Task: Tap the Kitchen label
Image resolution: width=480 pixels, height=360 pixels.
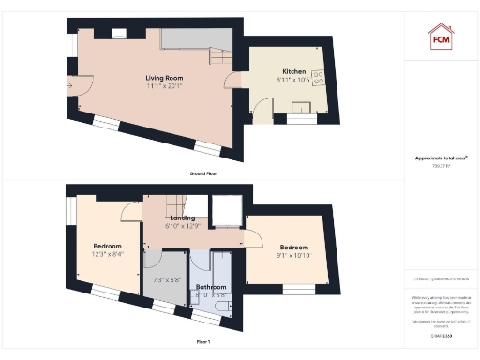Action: pyautogui.click(x=295, y=71)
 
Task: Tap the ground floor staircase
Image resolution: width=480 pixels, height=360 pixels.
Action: pyautogui.click(x=217, y=58)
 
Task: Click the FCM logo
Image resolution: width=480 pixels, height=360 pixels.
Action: pyautogui.click(x=442, y=37)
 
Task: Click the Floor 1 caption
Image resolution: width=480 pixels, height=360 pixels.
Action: pyautogui.click(x=203, y=343)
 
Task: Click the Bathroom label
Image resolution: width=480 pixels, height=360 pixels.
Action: pyautogui.click(x=210, y=287)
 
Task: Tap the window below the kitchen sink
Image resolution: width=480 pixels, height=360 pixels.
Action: pyautogui.click(x=300, y=120)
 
